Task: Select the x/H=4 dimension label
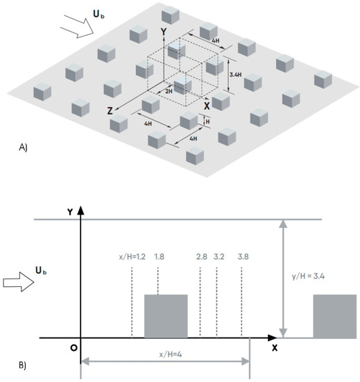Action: (x=166, y=354)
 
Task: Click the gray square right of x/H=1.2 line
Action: (x=166, y=316)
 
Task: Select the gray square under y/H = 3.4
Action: (x=335, y=316)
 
